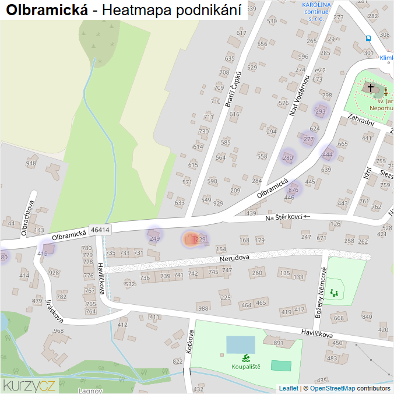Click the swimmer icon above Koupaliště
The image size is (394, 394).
[x=246, y=357]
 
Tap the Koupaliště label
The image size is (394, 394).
[x=246, y=367]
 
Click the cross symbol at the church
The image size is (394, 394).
[x=370, y=87]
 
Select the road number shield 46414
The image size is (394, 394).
[x=100, y=231]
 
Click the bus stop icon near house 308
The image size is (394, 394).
[x=368, y=38]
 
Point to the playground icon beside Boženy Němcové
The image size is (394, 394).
[x=334, y=292]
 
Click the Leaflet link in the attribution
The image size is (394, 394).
[x=289, y=388]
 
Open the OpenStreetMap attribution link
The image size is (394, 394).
[x=332, y=388]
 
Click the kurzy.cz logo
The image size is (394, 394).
[x=29, y=385]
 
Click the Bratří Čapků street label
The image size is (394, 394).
[x=233, y=88]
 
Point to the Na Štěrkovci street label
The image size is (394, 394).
[x=284, y=217]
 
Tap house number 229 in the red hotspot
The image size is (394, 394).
[x=200, y=240]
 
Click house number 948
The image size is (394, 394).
[x=31, y=163]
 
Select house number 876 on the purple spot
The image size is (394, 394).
[x=293, y=190]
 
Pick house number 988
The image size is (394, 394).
[x=203, y=308]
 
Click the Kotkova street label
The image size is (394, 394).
[x=189, y=342]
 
